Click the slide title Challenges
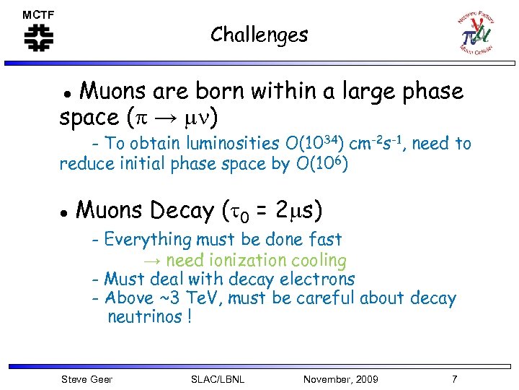(x=259, y=35)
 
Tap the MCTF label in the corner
(x=37, y=14)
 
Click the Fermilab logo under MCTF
(x=38, y=38)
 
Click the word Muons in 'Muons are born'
(x=110, y=92)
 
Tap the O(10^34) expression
(x=321, y=143)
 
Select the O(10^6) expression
(x=322, y=165)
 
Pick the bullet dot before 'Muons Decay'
(x=63, y=212)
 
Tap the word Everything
(x=148, y=240)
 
